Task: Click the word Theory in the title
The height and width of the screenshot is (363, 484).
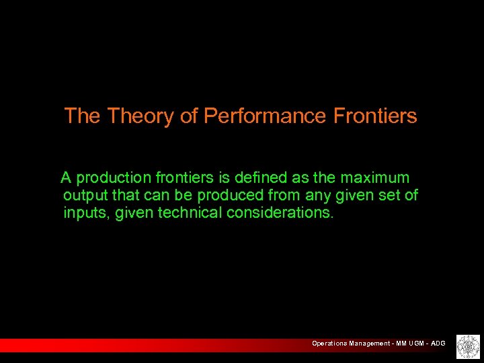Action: point(140,116)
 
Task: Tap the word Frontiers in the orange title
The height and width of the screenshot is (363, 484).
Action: point(375,116)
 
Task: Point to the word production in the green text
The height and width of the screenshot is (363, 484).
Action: point(114,178)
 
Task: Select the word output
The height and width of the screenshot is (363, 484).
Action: point(83,196)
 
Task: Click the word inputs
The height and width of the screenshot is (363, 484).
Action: point(86,213)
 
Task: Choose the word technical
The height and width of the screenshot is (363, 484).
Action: point(190,213)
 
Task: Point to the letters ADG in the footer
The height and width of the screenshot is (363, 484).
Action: point(438,344)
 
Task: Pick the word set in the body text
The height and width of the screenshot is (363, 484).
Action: point(388,196)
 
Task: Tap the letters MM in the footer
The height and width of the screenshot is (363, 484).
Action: point(400,344)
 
